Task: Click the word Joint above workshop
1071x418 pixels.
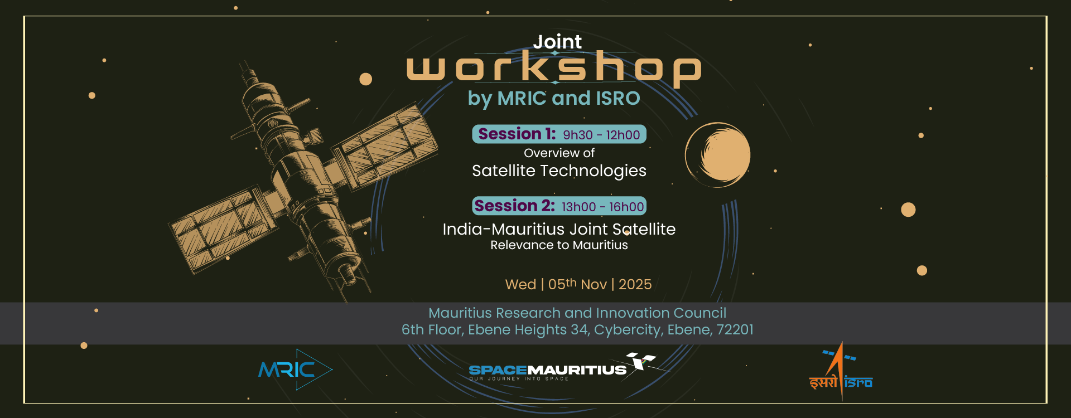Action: pos(557,42)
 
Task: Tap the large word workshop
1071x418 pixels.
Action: pos(553,69)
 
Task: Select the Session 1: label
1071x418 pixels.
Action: pos(517,134)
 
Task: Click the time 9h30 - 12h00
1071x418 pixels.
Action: pos(601,135)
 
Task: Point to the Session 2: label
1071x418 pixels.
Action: pos(514,206)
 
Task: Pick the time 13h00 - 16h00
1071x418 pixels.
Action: pos(602,207)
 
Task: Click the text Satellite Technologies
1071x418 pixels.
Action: pos(559,171)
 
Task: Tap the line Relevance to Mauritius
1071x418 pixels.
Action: pos(559,245)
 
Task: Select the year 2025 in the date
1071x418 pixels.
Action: pos(635,285)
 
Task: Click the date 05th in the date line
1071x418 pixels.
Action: pos(562,284)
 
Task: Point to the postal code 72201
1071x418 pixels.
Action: pos(735,330)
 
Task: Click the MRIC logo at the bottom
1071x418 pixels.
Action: pos(295,370)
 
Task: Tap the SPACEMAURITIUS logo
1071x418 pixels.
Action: pos(562,367)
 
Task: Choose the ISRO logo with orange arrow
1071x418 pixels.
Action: pos(841,372)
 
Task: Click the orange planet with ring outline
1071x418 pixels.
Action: pos(718,155)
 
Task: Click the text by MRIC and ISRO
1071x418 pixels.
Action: pos(554,99)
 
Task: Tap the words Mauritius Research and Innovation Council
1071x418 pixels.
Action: pos(577,313)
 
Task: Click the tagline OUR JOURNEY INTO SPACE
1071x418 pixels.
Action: pos(519,379)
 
